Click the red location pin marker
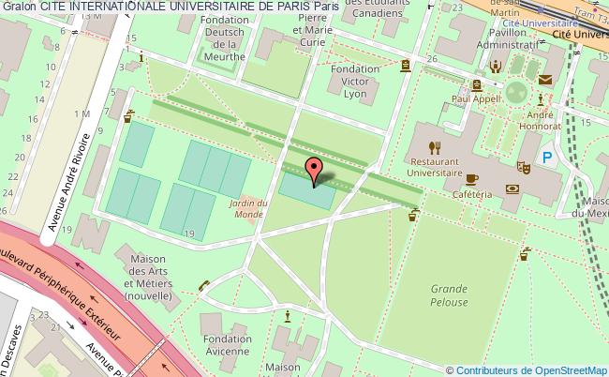pos(316,170)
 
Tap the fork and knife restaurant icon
pos(434,146)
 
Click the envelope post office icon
pos(543,82)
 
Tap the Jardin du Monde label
pos(247,207)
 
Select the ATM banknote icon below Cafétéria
pos(512,188)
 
